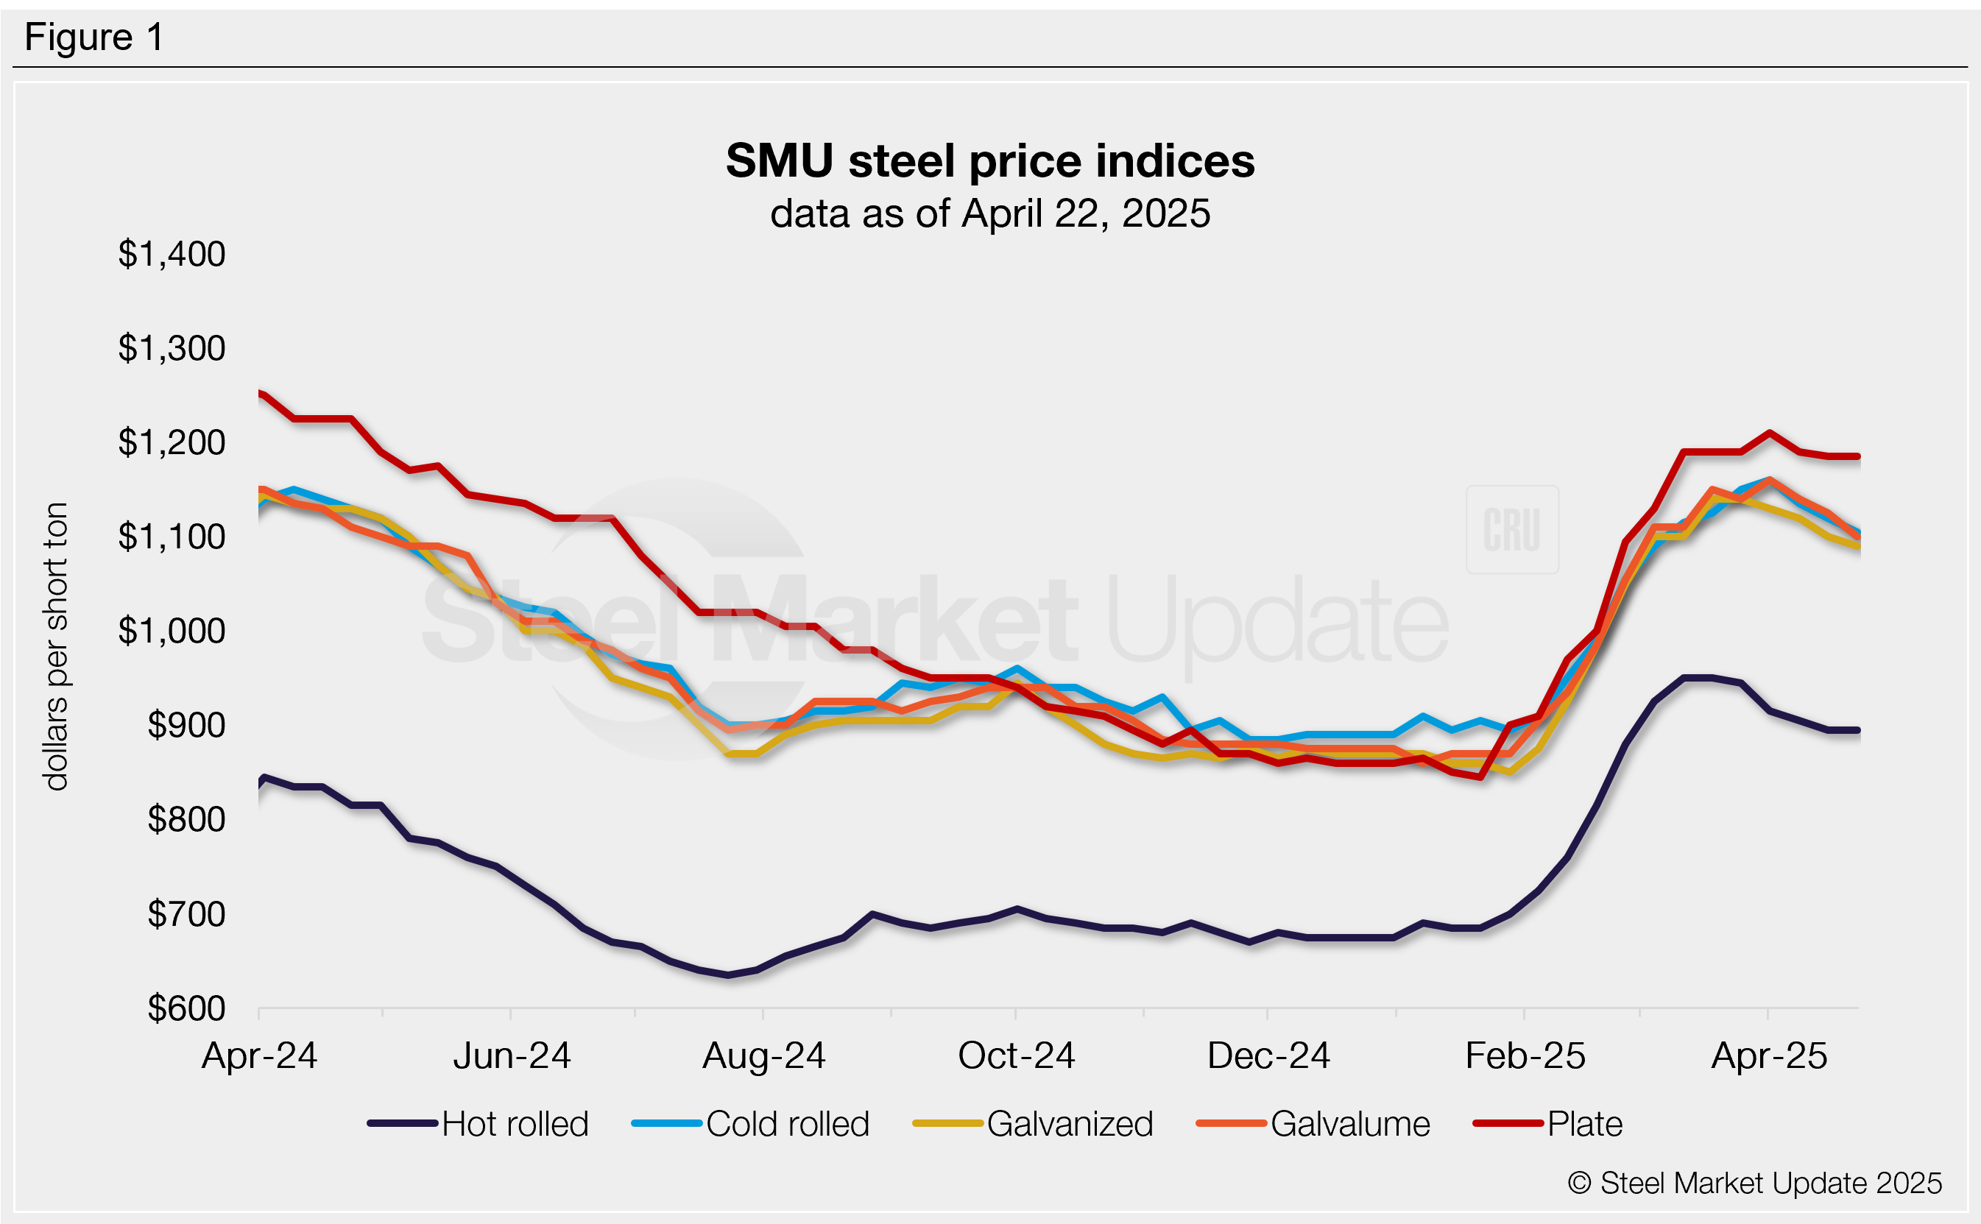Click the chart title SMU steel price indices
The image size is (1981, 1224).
(x=989, y=160)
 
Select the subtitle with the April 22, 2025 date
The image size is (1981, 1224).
(x=989, y=213)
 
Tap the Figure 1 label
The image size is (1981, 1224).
(x=94, y=38)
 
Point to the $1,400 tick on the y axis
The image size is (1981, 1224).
(x=172, y=254)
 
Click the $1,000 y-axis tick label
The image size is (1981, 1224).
(x=172, y=631)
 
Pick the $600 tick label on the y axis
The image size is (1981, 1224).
(x=186, y=1008)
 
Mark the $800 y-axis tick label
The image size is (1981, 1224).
(x=186, y=820)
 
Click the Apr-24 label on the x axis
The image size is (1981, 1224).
(x=259, y=1055)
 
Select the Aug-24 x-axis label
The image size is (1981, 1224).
(x=763, y=1055)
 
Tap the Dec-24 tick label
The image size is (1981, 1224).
(x=1268, y=1055)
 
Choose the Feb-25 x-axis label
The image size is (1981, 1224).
(x=1525, y=1055)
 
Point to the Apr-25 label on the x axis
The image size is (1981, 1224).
(x=1769, y=1055)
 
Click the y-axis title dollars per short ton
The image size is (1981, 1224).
(x=57, y=646)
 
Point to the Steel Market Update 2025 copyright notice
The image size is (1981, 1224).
(x=1754, y=1183)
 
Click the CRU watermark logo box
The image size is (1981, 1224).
(x=1511, y=529)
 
